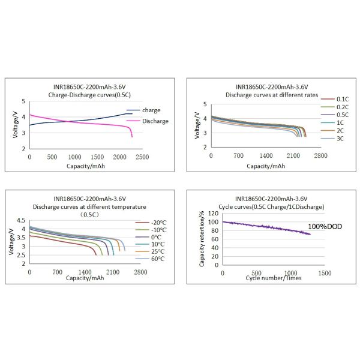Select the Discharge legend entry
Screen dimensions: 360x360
(155, 121)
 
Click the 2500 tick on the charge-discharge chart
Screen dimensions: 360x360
(142, 157)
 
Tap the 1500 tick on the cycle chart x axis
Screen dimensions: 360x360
(325, 274)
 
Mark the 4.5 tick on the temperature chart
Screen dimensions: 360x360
(21, 220)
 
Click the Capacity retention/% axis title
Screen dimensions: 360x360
(202, 238)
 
